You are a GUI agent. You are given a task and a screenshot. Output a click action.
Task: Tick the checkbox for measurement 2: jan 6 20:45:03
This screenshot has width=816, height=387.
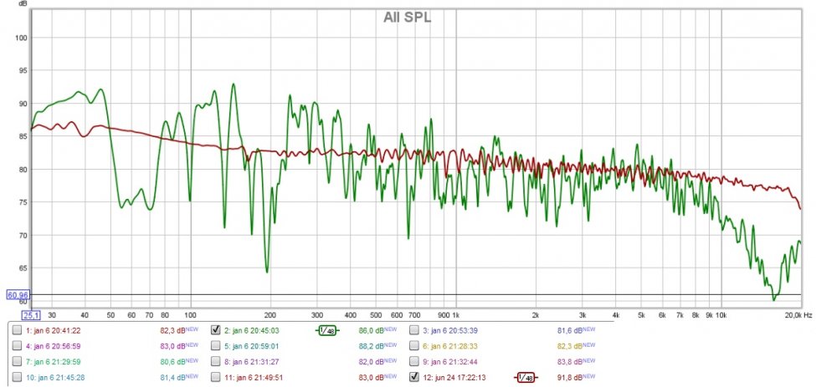(216, 330)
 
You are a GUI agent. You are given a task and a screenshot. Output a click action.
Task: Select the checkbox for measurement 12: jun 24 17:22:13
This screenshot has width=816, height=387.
(415, 377)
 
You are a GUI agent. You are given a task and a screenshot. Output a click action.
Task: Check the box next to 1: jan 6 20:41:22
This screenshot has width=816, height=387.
(17, 330)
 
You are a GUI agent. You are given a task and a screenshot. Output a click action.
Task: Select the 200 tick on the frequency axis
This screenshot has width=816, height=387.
(269, 315)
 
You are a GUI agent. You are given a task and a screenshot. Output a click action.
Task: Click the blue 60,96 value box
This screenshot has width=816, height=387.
(18, 295)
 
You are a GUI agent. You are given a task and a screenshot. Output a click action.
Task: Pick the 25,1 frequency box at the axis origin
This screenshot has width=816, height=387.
(31, 315)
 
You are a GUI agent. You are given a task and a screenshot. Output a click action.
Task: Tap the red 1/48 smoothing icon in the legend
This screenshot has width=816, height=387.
(525, 377)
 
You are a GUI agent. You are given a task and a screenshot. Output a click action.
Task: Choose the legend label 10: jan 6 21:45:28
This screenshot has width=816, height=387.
(54, 377)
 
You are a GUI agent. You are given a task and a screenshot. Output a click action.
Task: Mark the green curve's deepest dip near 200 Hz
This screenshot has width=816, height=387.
(267, 272)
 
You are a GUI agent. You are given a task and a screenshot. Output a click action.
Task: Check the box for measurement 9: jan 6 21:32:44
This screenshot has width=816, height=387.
(415, 361)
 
